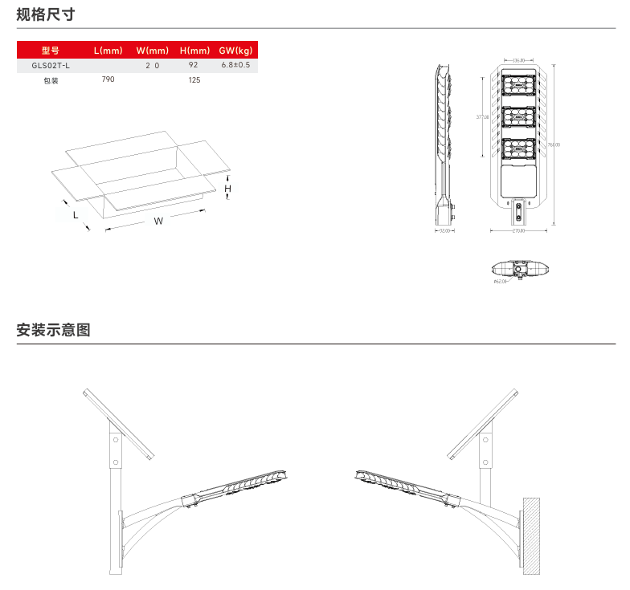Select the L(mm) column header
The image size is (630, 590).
(108, 51)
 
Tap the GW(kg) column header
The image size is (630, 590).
(235, 51)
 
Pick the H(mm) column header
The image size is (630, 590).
(194, 51)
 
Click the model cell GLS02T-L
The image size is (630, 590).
(51, 65)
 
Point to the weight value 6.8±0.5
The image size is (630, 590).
(235, 65)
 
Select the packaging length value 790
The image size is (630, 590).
(108, 80)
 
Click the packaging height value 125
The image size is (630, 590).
(194, 80)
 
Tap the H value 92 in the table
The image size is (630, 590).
(194, 65)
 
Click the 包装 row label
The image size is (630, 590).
(51, 80)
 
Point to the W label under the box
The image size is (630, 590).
(158, 221)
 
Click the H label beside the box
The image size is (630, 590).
(228, 189)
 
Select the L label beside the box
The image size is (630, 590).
(76, 214)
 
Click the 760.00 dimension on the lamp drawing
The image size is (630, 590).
(554, 144)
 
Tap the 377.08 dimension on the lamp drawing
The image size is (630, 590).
(482, 117)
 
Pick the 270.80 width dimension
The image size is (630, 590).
(519, 232)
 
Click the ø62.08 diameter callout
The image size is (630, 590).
(500, 282)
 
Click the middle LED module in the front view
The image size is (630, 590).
(520, 116)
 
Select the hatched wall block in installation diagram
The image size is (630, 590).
(530, 535)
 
